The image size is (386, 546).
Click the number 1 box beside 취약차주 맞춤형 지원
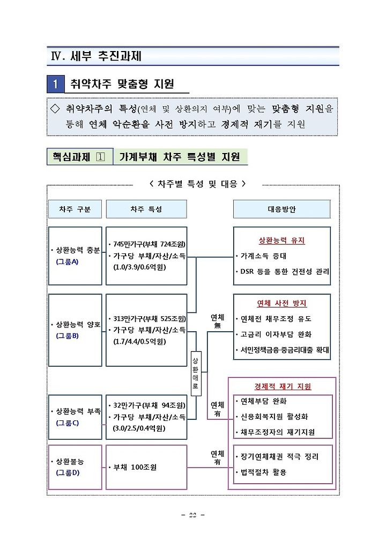coord(56,84)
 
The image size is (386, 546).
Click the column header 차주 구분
coord(75,209)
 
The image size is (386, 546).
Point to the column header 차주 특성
coord(146,209)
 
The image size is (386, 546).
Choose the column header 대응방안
coord(281,209)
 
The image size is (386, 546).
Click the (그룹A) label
coord(67,261)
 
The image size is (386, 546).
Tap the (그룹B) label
coord(67,336)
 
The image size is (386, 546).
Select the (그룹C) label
coord(67,423)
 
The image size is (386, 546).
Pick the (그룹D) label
coord(67,472)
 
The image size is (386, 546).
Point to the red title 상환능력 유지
coord(281,241)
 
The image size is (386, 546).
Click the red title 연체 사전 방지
coord(281,303)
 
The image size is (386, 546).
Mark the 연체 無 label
coord(217,321)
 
